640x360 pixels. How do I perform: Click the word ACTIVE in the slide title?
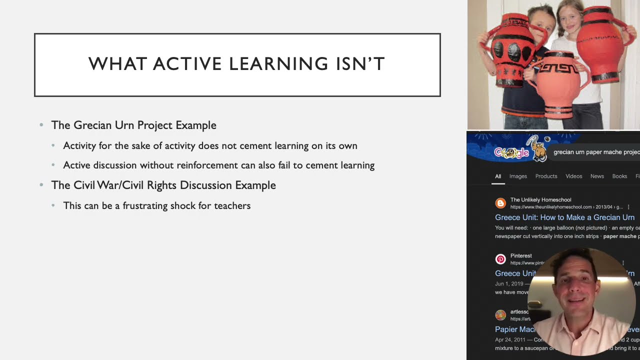tap(187, 64)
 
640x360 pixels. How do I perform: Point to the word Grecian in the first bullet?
tap(93, 125)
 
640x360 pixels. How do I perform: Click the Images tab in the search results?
tap(518, 176)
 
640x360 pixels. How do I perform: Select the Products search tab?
tap(546, 176)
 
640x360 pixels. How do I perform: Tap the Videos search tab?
tap(573, 176)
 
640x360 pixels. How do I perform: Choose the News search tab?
tap(597, 176)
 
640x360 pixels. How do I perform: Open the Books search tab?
tap(619, 176)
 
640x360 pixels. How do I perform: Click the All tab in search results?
tap(498, 176)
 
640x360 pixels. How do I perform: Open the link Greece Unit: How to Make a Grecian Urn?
tap(564, 217)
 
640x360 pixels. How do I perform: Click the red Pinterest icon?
tap(500, 259)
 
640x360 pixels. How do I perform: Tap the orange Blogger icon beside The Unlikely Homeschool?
tap(500, 203)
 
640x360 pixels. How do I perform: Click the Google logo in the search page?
tap(511, 152)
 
